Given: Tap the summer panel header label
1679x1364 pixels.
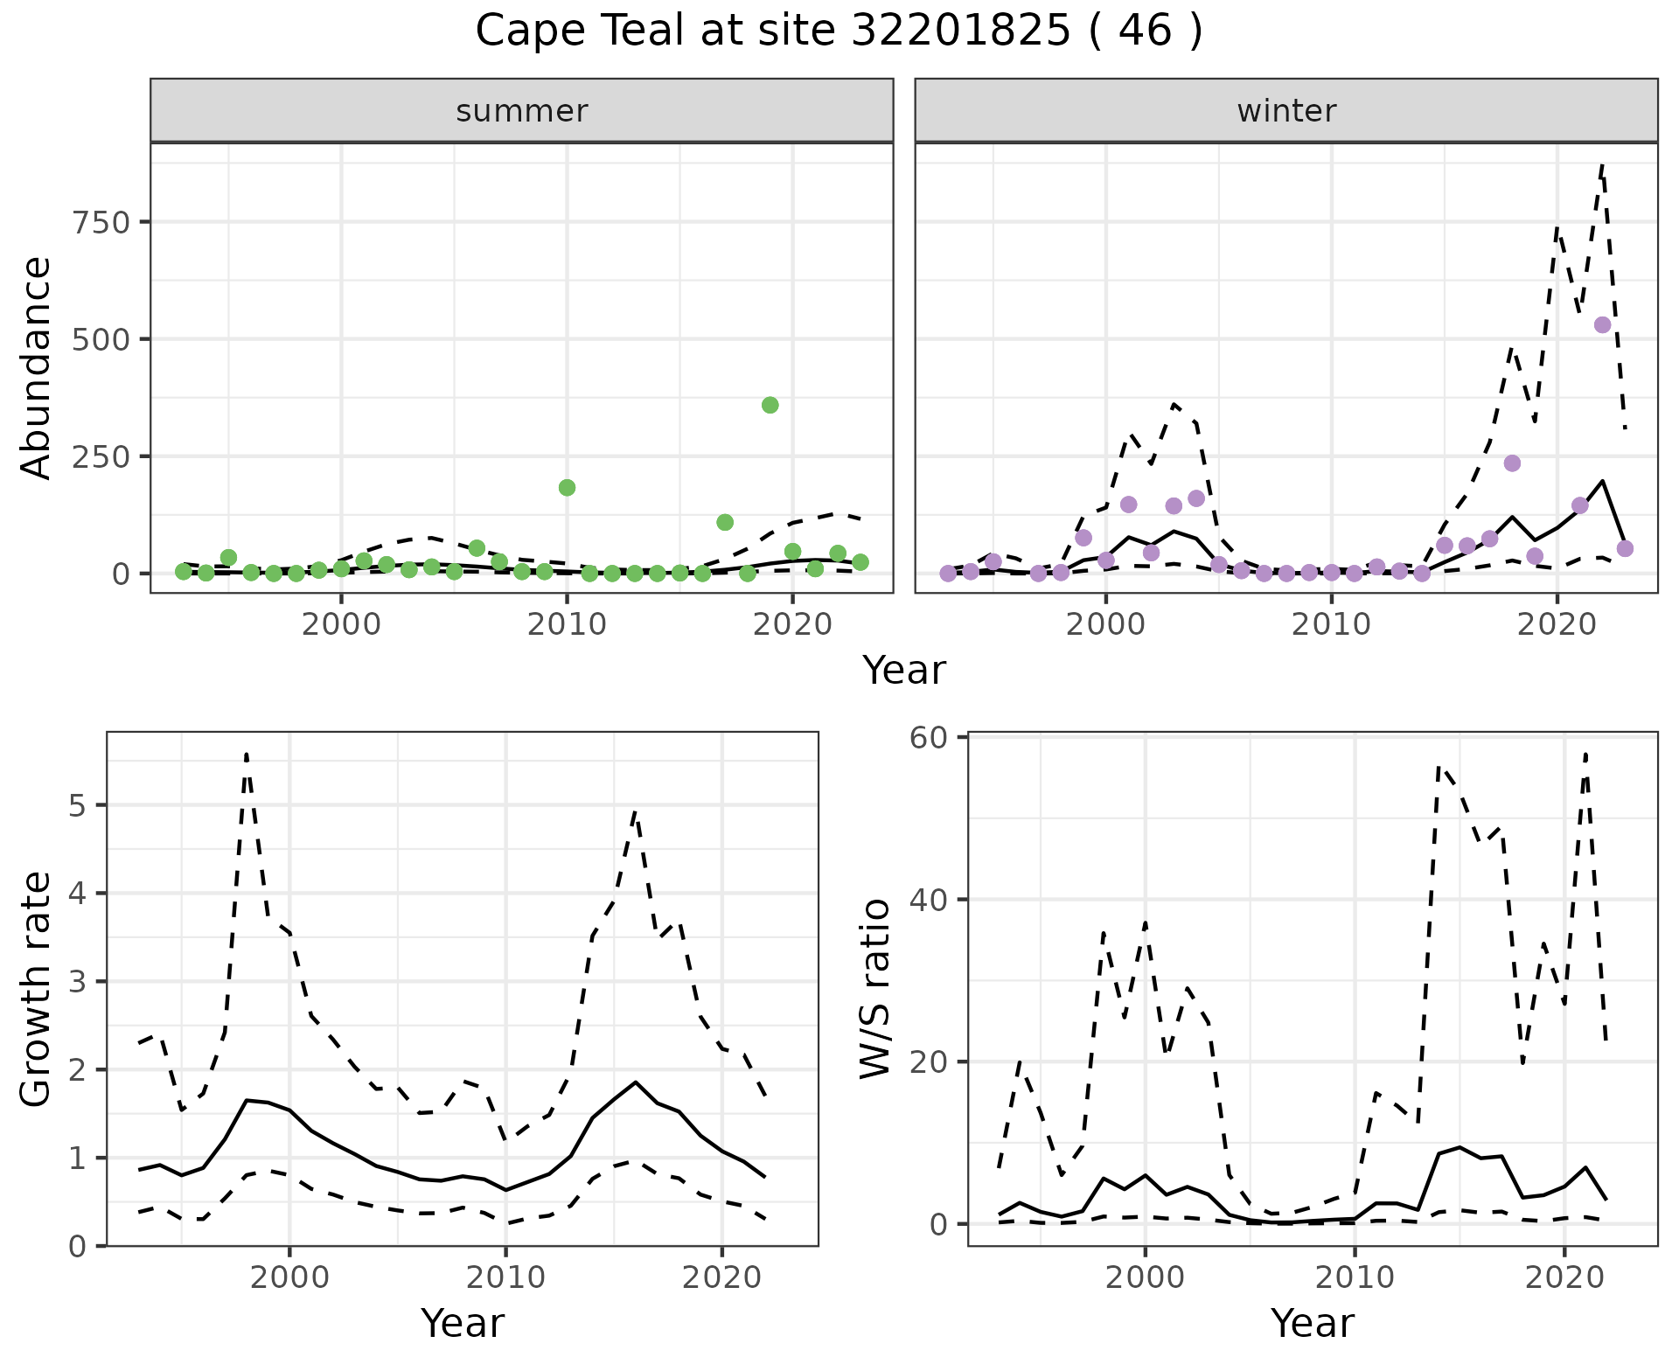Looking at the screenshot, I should pos(522,111).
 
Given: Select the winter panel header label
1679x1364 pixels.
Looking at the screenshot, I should pos(1286,111).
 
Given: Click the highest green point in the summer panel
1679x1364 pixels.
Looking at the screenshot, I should pos(770,405).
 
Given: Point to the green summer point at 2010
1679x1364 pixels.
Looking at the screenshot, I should pos(567,488).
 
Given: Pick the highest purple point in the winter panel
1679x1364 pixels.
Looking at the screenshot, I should pos(1602,325).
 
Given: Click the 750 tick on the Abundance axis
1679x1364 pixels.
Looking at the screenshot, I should pos(101,222).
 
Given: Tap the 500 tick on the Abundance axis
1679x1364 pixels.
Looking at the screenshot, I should pos(101,339).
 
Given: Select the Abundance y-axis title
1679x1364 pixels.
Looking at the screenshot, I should pos(37,367).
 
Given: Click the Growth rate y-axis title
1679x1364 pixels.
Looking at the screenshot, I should pos(37,990).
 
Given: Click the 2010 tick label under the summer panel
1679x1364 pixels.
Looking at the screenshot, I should pos(567,624).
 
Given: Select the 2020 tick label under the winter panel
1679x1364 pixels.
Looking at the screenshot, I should pos(1557,624).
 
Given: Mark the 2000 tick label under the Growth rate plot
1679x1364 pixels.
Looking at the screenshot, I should pos(289,1277).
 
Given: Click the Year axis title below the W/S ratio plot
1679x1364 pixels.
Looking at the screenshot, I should pos(1312,1323).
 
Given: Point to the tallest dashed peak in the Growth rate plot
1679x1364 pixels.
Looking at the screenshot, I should pos(247,754).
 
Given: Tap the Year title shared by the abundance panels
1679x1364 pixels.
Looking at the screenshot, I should pos(904,671).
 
